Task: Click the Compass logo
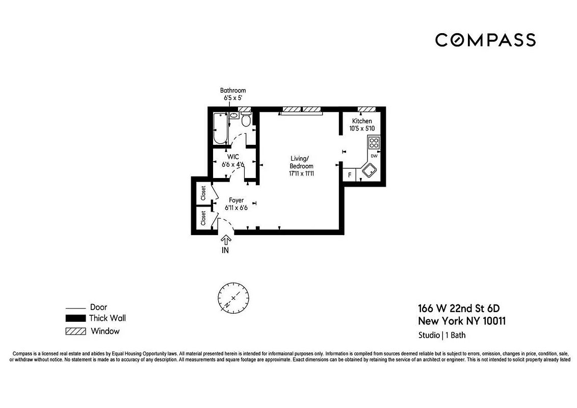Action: (485, 40)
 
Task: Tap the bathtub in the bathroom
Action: (220, 128)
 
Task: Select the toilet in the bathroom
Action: (246, 120)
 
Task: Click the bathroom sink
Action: (234, 116)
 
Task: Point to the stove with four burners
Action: (374, 142)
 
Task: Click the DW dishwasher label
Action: (374, 156)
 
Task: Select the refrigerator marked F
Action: (349, 175)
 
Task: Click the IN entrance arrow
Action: (225, 244)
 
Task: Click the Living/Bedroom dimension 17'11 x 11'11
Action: (301, 173)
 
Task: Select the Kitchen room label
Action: (362, 121)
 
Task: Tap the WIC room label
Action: (233, 157)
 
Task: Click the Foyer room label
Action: (236, 200)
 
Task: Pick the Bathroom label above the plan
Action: (233, 91)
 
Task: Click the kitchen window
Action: (366, 109)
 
